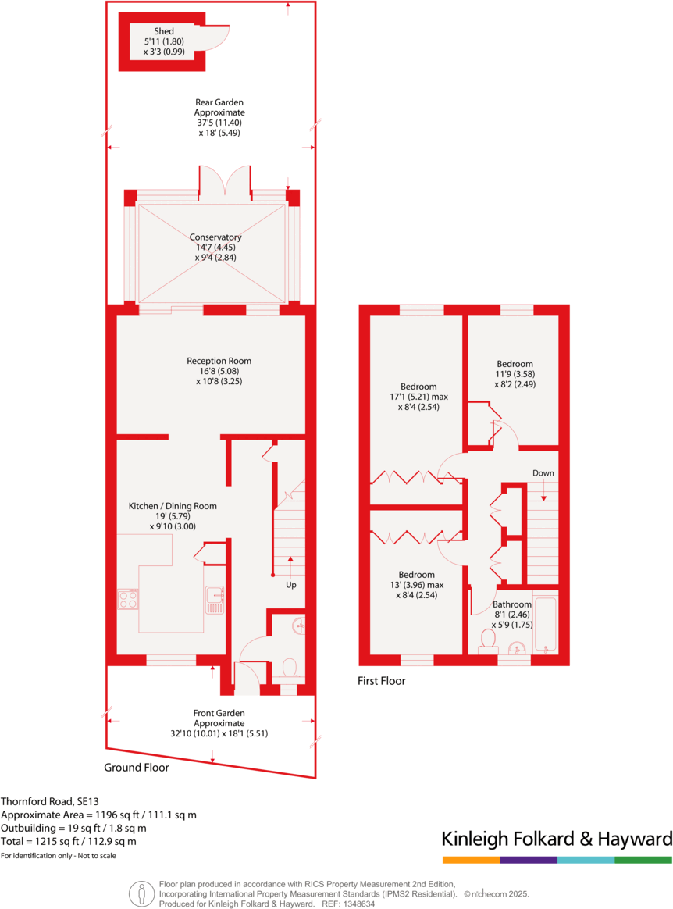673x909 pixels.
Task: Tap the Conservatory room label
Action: [215, 237]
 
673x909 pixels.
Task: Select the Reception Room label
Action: [219, 361]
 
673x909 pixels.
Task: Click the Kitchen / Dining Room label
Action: [173, 506]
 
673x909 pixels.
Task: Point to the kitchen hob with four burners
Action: [128, 599]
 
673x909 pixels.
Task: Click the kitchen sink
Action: [215, 600]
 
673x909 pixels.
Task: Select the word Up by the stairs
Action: [290, 584]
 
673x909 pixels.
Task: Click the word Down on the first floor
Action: [543, 473]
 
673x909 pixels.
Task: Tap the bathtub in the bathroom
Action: [545, 625]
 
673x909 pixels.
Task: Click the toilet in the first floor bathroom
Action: [489, 640]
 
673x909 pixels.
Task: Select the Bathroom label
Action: [512, 604]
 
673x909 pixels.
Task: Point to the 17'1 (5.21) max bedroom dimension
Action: [418, 397]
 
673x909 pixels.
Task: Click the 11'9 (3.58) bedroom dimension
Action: [515, 374]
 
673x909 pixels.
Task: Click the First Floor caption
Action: [381, 681]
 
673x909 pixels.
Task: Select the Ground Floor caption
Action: [137, 768]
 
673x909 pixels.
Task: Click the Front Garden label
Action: [219, 713]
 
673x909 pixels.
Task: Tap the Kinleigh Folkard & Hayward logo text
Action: [557, 839]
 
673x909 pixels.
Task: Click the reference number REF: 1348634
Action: [347, 904]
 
